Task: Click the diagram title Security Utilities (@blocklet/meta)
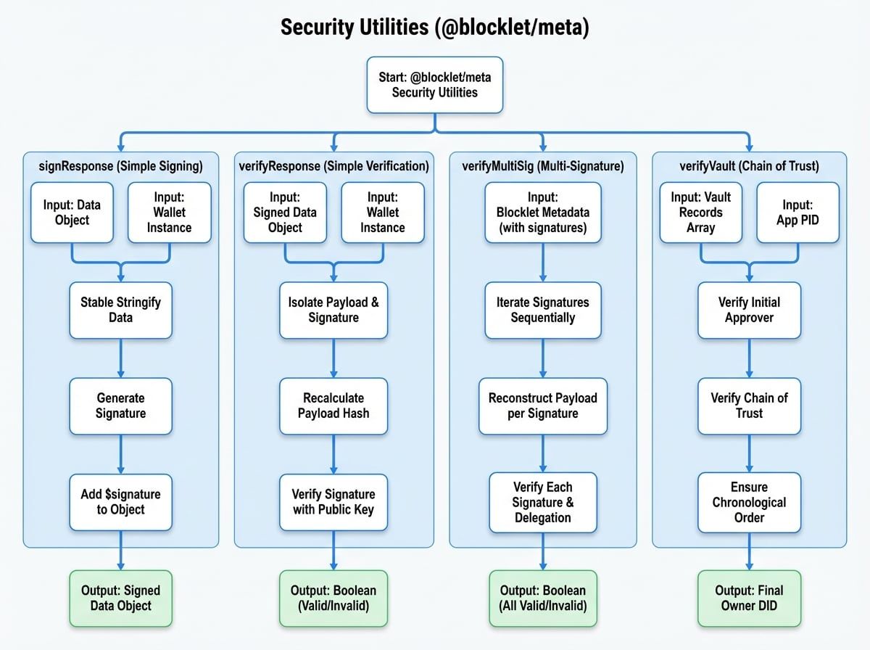pos(434,28)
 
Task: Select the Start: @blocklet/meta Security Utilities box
pos(434,85)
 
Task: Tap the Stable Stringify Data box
pos(120,310)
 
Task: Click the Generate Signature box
pos(120,406)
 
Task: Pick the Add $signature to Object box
pos(120,502)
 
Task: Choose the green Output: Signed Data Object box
pos(120,598)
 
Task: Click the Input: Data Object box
pos(72,213)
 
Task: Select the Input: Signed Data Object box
pos(285,213)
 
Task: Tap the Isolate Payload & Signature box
pos(333,310)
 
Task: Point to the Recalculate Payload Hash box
pos(333,406)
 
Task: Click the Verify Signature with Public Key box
pos(333,502)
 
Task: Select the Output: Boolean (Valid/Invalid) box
pos(333,598)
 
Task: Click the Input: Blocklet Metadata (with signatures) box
pos(543,213)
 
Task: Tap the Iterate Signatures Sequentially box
pos(543,310)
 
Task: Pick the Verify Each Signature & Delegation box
pos(543,502)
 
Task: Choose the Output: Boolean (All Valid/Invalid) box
pos(543,598)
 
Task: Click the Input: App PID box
pos(798,213)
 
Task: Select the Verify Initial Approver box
pos(750,310)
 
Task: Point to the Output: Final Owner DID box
pos(750,598)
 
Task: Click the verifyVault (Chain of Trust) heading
pos(749,166)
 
